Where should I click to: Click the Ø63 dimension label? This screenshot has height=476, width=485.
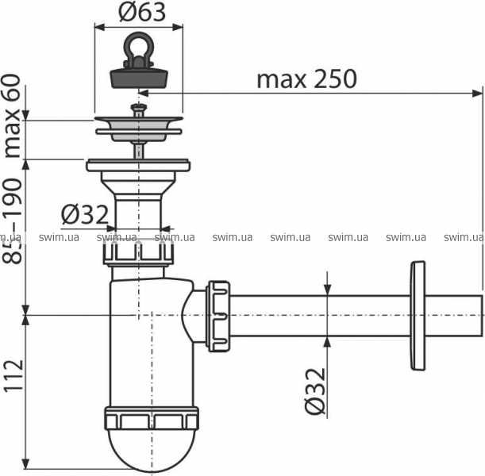click(x=142, y=13)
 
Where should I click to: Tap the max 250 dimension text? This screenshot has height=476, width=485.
click(x=307, y=79)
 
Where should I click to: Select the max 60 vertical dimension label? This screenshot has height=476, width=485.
click(x=13, y=117)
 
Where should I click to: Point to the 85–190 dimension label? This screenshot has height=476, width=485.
click(x=13, y=221)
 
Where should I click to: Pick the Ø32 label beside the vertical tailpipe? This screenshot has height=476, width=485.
click(x=85, y=214)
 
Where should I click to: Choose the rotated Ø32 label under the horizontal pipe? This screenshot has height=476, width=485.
click(x=315, y=391)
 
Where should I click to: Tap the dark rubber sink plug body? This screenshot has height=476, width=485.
click(x=139, y=79)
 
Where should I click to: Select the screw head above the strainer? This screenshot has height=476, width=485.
click(x=139, y=108)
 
